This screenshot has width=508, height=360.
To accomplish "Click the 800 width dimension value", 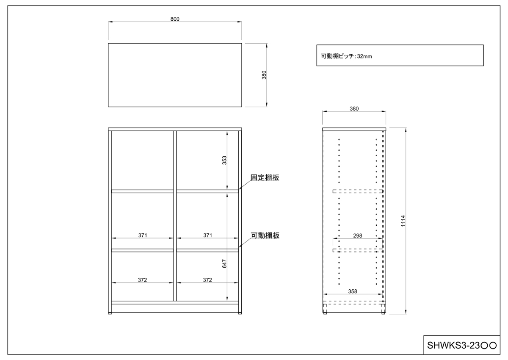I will pos(175,19).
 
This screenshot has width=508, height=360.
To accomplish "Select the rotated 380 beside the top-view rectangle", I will pos(264,75).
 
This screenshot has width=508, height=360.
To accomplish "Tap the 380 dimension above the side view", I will pos(354,108).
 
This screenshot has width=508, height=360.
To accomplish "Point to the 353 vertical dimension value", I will pos(225,160).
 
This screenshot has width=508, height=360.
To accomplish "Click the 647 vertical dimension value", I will pos(225,263).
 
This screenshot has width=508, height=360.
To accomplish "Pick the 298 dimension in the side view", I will pos(357,235).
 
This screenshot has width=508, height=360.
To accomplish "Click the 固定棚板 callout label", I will pos(265,178).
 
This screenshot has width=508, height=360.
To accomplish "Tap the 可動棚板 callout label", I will pos(265,235).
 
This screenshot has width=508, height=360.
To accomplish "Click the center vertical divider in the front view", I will pos(174,216).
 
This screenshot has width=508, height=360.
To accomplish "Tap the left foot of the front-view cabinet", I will pos(111,313).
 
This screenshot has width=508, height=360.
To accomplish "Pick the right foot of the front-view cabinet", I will pos(240,313).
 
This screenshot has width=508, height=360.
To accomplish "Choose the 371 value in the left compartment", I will pos(143,235).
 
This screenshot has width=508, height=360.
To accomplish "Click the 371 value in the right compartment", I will pos(207,235).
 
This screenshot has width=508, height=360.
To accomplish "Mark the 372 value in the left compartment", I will pos(143,280).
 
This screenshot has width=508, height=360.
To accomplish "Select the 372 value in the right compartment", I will pos(207,280).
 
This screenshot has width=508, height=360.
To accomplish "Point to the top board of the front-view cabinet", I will pos(175,129).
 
